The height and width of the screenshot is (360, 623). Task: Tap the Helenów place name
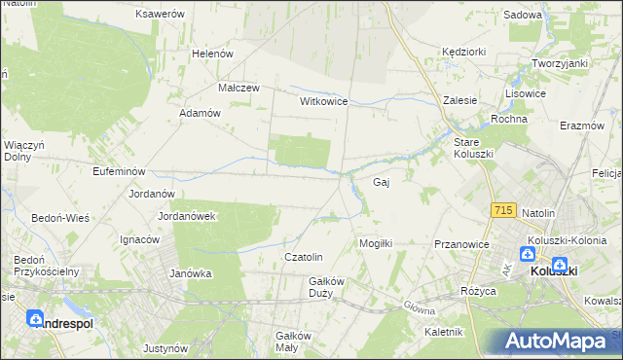(x=213, y=54)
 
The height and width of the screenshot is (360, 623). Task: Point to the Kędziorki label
(x=463, y=51)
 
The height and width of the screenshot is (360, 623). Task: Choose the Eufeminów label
(x=92, y=171)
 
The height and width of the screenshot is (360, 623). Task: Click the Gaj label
(x=382, y=182)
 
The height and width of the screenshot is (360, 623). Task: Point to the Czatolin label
(x=303, y=257)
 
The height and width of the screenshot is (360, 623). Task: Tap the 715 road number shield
(x=503, y=210)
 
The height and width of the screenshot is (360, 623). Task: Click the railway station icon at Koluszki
(x=560, y=263)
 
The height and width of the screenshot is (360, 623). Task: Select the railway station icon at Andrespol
(x=35, y=318)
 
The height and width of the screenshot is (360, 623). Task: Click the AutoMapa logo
(x=552, y=342)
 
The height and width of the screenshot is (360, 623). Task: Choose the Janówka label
(x=191, y=273)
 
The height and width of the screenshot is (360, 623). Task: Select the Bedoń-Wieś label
(x=60, y=218)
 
